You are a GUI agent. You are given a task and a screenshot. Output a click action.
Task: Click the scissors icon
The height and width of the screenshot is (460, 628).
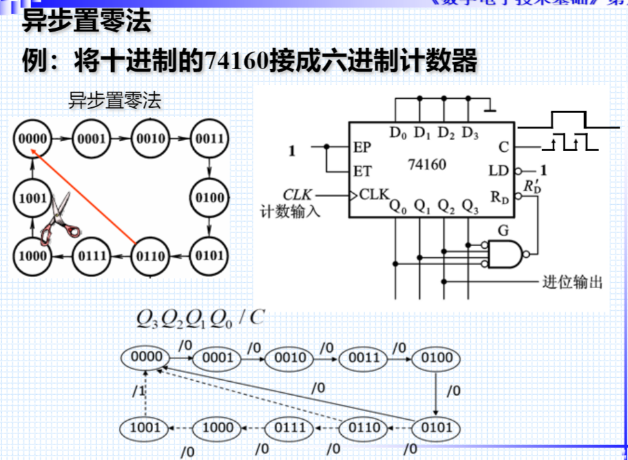tap(56, 220)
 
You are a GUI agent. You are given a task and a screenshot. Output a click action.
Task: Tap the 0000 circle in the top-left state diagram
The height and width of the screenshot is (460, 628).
tap(32, 139)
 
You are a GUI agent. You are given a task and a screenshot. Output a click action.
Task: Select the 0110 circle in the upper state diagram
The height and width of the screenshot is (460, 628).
tap(150, 256)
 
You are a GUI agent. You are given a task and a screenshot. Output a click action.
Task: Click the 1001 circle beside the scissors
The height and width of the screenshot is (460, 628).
tap(32, 198)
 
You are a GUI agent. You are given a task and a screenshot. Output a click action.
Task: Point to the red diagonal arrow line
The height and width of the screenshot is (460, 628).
tap(84, 197)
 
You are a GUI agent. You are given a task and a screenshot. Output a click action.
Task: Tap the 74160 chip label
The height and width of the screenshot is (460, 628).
tap(426, 165)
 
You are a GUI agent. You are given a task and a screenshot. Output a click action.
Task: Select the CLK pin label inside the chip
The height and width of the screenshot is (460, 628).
tap(373, 194)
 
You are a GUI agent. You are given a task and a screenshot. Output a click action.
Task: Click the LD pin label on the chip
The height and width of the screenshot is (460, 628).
tap(499, 171)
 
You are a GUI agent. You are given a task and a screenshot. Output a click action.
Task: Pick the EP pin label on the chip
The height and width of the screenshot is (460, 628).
tap(362, 147)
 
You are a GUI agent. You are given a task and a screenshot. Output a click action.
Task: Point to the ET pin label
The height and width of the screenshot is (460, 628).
tap(362, 172)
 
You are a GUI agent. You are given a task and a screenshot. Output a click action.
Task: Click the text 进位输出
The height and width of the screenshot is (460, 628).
tap(572, 282)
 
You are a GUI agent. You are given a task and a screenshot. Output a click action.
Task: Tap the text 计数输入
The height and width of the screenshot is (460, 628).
tap(290, 211)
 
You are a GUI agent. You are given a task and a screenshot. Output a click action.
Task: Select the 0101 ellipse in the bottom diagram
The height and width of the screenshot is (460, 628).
tap(437, 427)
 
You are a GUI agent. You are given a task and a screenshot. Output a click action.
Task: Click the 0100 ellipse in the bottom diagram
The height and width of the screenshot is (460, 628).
tap(437, 357)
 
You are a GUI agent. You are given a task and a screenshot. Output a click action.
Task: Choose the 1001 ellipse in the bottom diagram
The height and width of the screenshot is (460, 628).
tap(145, 427)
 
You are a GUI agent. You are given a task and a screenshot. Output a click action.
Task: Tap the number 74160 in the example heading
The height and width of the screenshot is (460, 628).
tap(233, 63)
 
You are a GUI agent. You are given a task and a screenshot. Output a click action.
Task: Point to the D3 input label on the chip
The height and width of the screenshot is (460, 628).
tap(470, 134)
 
